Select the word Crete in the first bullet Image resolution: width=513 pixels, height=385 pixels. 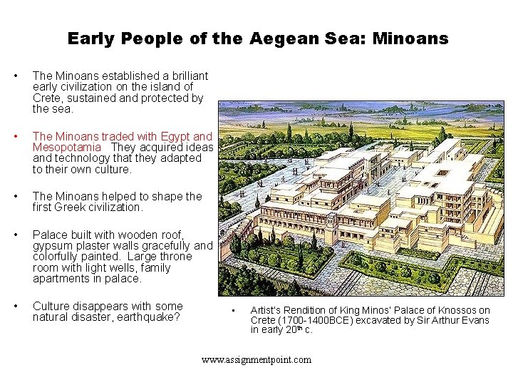tap(49, 98)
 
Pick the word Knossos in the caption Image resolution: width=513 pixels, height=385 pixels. tap(448, 310)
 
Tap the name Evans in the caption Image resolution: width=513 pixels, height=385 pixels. tap(475, 320)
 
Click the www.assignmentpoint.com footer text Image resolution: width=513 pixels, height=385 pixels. tap(256, 359)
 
